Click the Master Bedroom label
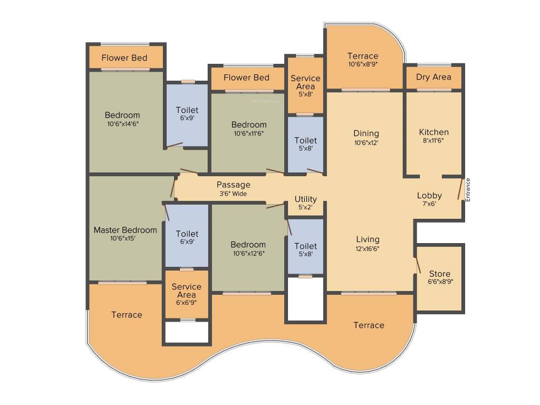tap(125, 230)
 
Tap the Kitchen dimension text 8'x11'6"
tap(434, 141)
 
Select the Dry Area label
tap(433, 77)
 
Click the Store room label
tap(439, 274)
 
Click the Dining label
tap(366, 133)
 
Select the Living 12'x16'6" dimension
tap(368, 248)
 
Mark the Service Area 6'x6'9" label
tap(186, 295)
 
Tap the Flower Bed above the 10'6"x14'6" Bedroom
tap(124, 57)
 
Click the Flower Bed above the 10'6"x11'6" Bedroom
tap(246, 78)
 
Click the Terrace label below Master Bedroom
tap(127, 315)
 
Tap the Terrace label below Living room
tap(369, 325)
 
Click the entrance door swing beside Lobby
tap(460, 188)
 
